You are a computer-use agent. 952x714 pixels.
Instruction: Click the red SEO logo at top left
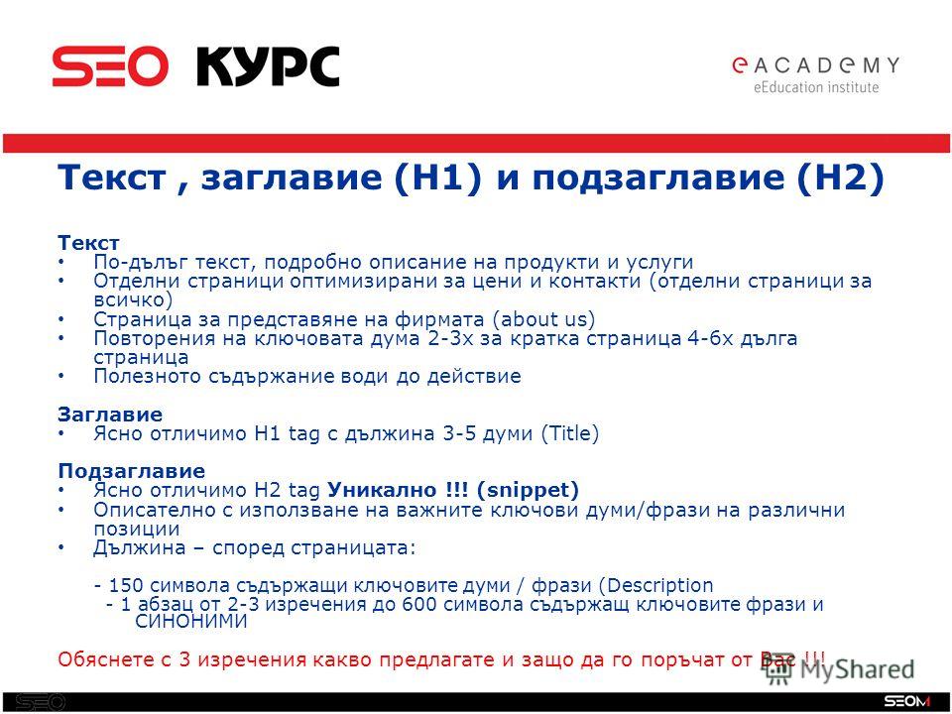pos(110,66)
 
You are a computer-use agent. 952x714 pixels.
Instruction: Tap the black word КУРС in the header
pos(267,66)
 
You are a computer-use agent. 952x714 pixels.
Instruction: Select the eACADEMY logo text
pos(816,65)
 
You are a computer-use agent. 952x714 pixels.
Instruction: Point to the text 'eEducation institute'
pos(816,87)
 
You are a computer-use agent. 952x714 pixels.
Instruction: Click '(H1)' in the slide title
pos(437,178)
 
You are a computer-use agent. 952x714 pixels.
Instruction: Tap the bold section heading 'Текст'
pos(88,243)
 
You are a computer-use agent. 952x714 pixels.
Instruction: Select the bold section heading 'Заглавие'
pos(110,415)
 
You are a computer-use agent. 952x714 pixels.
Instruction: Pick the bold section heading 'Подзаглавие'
pos(131,471)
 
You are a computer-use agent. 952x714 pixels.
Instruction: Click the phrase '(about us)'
pos(543,319)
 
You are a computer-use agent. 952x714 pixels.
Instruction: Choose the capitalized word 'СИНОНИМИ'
pos(191,622)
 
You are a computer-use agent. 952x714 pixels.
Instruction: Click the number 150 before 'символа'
pos(126,586)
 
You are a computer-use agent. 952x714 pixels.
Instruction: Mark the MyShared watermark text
pos(856,669)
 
